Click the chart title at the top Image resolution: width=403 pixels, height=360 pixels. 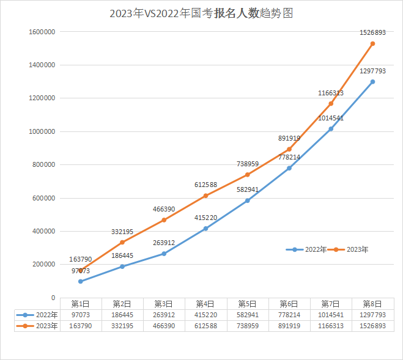point(201,13)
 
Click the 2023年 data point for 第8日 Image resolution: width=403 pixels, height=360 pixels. point(372,43)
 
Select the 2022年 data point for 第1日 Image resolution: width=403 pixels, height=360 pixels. point(80,281)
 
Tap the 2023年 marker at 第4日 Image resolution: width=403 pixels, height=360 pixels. point(205,196)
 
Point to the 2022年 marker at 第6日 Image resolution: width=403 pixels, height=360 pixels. point(289,168)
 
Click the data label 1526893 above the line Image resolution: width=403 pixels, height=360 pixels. point(372,32)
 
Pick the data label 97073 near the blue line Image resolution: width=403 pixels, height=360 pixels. point(80,271)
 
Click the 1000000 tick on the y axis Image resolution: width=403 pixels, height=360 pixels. point(42,131)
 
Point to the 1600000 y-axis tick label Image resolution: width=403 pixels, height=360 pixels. point(42,32)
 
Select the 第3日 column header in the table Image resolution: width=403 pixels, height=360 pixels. point(164,304)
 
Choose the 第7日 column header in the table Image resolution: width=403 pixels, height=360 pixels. point(331,304)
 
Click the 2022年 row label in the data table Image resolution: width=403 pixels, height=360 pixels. point(46,315)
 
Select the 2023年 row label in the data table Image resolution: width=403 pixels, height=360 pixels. point(46,326)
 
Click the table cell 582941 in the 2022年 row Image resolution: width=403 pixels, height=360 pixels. point(247,315)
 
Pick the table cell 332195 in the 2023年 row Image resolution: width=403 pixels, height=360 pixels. point(122,326)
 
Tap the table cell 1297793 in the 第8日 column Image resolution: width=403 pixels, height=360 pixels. point(372,315)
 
